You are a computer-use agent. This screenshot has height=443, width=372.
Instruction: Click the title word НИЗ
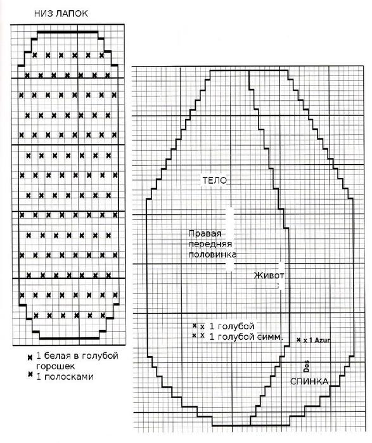[x=44, y=13]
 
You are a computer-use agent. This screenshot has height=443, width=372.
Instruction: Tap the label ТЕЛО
[x=215, y=181]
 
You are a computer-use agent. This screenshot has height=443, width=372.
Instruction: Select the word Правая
[x=205, y=234]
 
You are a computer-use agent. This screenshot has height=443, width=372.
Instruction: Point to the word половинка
[x=212, y=255]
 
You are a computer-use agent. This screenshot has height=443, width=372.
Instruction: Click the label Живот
[x=269, y=275]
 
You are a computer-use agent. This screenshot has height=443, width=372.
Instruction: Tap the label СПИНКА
[x=309, y=382]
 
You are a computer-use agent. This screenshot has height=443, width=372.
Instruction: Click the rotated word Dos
[x=306, y=366]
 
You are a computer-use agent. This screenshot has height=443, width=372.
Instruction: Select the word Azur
[x=323, y=340]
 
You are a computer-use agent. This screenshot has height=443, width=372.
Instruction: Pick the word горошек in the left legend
[x=55, y=367]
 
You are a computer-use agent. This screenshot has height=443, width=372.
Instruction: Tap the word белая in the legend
[x=56, y=356]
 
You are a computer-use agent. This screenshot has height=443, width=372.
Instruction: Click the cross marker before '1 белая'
[x=30, y=357]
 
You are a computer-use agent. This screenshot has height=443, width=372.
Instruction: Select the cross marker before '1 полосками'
[x=30, y=375]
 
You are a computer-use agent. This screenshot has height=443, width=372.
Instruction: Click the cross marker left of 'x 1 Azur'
[x=298, y=340]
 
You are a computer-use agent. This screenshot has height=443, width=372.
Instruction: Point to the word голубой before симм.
[x=236, y=337]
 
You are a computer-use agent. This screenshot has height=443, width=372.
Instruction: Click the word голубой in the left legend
[x=100, y=356]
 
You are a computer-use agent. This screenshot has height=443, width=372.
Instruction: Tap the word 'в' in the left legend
[x=75, y=356]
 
